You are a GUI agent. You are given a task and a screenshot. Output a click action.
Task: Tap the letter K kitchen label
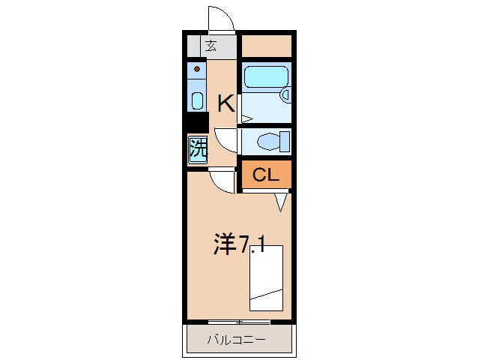point(226,103)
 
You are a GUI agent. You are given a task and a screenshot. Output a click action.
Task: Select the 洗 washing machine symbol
point(197,148)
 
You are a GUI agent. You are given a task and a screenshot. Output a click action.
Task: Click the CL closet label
point(264,175)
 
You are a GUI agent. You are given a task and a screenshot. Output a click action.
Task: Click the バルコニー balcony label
point(236,340)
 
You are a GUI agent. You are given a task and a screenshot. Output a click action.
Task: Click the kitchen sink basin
point(197,100)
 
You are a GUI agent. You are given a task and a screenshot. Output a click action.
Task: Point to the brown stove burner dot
point(197,70)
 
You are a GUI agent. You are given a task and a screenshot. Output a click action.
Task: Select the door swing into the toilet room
point(226,139)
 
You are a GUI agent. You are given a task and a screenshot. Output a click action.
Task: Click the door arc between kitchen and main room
point(223,181)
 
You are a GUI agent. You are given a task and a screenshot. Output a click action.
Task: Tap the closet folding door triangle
point(282,201)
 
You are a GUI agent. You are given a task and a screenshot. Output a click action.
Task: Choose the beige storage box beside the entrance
point(266,45)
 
